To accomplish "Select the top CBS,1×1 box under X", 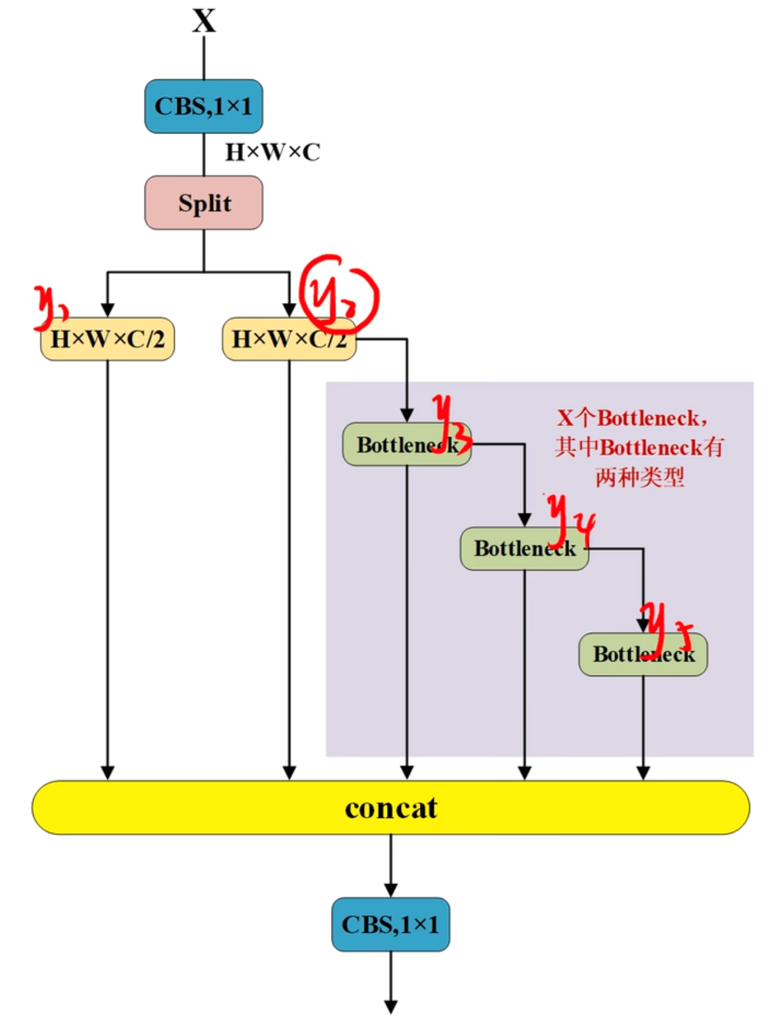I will [x=203, y=106].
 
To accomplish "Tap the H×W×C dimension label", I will [x=272, y=152].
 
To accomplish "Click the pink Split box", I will [x=204, y=203].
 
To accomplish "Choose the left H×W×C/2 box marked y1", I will [x=107, y=339].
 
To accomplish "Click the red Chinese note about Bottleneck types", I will [x=639, y=447].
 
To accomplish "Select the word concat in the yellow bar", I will [x=391, y=808].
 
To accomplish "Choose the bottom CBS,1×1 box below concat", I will [x=391, y=924].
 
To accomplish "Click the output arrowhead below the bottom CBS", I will [x=391, y=1006].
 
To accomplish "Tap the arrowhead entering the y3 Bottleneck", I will [x=407, y=415].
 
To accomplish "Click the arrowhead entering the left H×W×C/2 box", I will [x=107, y=310].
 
